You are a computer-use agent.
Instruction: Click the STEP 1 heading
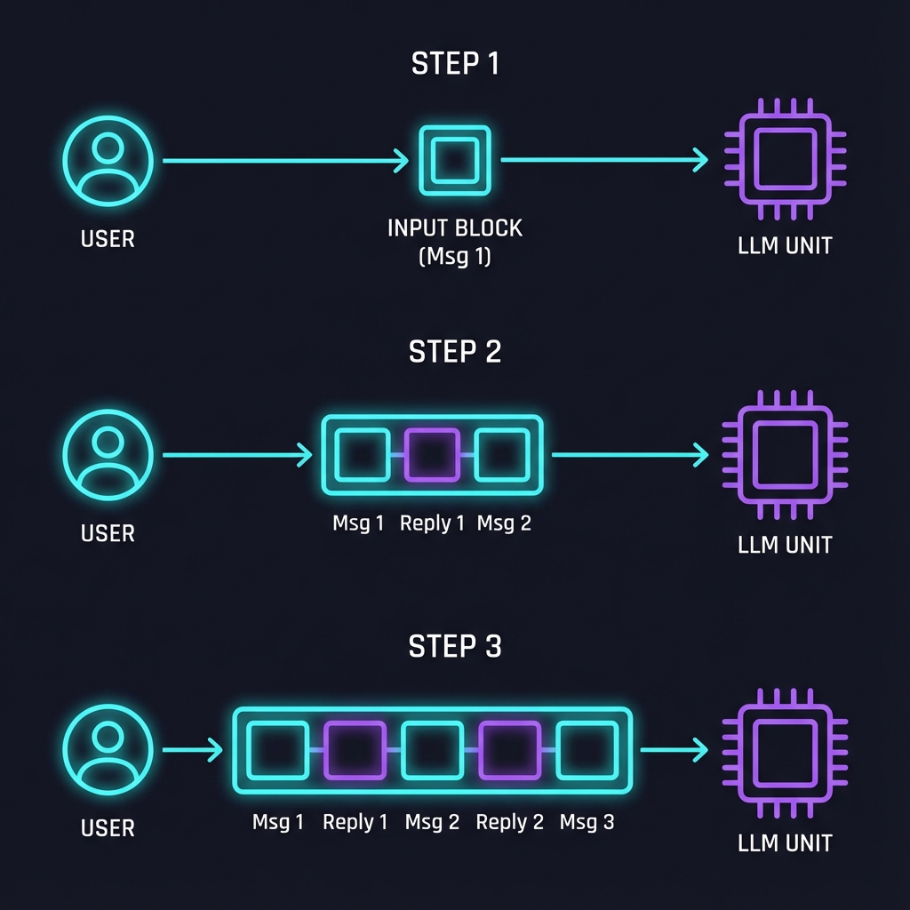tap(454, 64)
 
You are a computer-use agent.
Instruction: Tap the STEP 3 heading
tap(454, 646)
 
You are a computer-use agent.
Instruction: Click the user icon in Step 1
tap(108, 161)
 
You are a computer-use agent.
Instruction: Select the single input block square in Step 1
tap(454, 161)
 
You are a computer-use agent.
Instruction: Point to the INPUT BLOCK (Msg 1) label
tap(454, 242)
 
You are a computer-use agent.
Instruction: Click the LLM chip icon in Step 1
tap(785, 159)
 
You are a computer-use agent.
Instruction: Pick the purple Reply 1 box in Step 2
tap(432, 455)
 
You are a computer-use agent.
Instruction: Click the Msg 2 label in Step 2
tap(504, 523)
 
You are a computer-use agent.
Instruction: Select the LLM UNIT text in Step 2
tap(785, 544)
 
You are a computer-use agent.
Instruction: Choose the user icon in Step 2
tap(108, 455)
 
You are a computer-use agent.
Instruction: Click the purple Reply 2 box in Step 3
tap(510, 750)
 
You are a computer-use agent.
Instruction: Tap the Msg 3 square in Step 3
tap(587, 750)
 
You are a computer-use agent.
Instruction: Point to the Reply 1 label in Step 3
tap(355, 822)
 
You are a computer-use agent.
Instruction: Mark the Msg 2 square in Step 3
tap(432, 750)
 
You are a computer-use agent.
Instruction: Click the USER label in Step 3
tap(108, 828)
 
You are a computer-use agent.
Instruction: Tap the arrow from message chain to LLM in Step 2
tap(629, 455)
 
